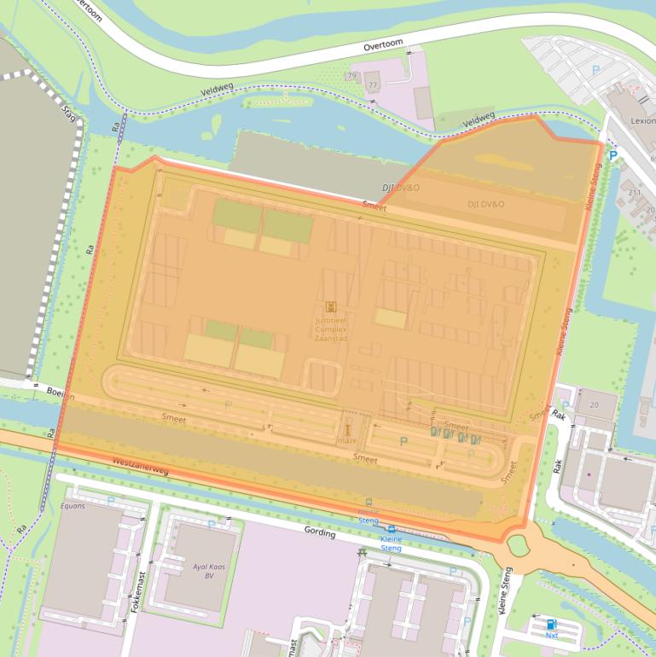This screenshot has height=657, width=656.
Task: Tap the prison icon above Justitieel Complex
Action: (x=331, y=306)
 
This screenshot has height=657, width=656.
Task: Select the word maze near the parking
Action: (x=347, y=440)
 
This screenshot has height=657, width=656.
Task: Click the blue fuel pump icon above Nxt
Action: (x=551, y=624)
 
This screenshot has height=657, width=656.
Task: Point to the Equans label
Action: (x=73, y=505)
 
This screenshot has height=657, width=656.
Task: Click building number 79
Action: (x=351, y=77)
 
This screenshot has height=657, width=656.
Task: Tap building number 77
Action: (x=372, y=86)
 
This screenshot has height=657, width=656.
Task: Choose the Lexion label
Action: (x=642, y=121)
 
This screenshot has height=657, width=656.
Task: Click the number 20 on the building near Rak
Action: (x=594, y=404)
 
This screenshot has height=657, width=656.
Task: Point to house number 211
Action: (x=635, y=193)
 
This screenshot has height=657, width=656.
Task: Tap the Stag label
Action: (x=69, y=113)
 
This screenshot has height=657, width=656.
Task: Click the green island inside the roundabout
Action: (x=518, y=544)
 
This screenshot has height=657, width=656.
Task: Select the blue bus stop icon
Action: (x=392, y=529)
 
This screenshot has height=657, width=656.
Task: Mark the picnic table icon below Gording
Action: (x=364, y=551)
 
